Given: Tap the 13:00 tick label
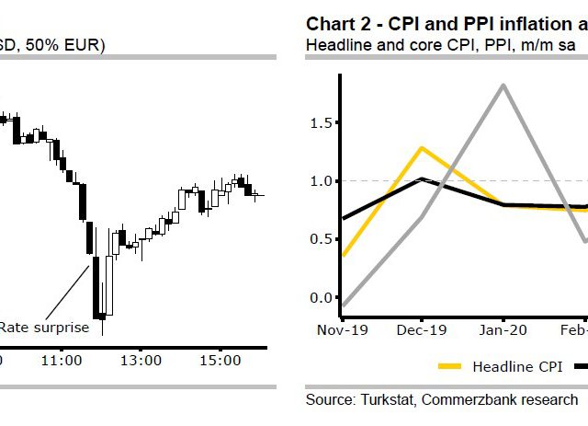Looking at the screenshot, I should pos(141,361).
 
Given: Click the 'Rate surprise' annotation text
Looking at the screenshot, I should pos(44,327).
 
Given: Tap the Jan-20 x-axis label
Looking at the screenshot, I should pos(503,328).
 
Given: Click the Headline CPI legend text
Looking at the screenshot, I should pos(516,367).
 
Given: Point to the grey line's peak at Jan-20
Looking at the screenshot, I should pos(503,85).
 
